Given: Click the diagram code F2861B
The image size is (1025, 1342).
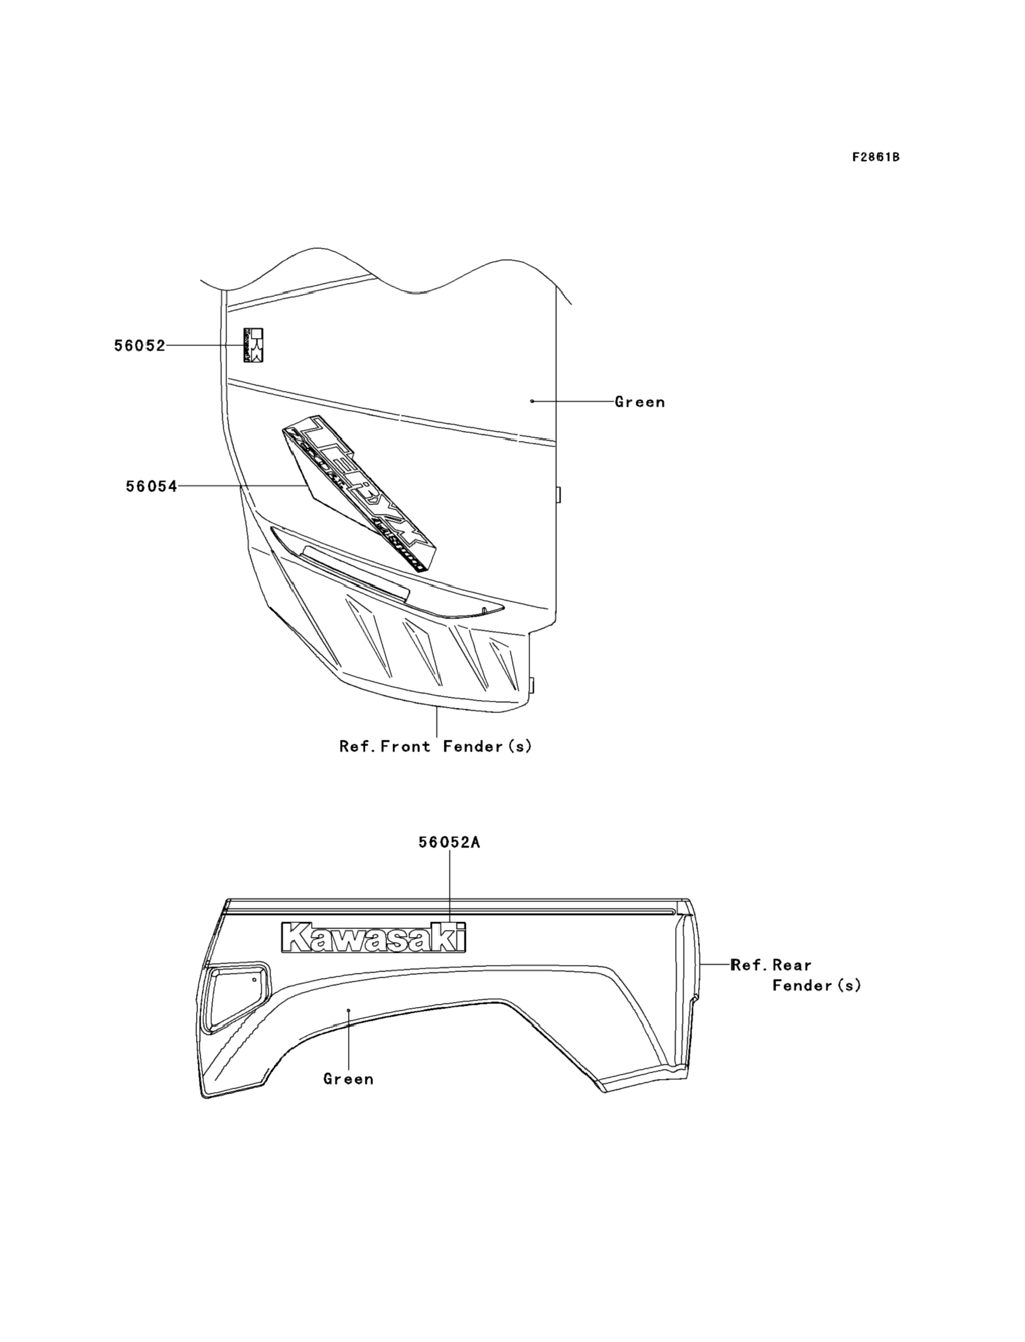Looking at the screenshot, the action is click(876, 157).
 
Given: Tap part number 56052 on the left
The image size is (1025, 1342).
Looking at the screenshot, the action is click(140, 346).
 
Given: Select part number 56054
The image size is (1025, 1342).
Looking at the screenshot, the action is click(151, 486).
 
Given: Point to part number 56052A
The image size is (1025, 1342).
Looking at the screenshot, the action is click(449, 843).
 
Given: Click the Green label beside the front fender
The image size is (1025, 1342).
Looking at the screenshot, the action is click(639, 402).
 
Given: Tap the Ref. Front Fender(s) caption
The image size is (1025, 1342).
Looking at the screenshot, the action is click(436, 746).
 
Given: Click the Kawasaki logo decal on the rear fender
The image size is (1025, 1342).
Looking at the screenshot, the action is click(373, 937).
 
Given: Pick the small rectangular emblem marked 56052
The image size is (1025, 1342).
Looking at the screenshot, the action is click(253, 345).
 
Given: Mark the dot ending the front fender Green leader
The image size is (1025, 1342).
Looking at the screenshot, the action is click(532, 401).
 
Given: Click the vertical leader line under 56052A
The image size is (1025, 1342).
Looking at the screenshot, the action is click(449, 885).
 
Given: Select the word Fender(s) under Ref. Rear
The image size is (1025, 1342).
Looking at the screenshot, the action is click(816, 986).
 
